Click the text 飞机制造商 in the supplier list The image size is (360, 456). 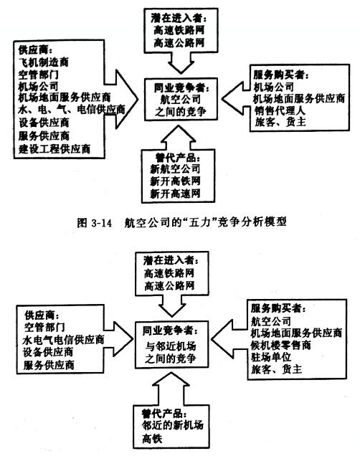[43, 62]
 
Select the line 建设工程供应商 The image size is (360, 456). [55, 149]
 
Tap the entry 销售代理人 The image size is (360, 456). [280, 110]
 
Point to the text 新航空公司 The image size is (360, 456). [175, 168]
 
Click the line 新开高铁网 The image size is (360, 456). [175, 181]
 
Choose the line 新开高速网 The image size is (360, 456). [175, 193]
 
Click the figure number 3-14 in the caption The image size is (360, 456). [102, 223]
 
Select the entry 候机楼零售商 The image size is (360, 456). [281, 345]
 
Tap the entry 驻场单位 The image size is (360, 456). [271, 357]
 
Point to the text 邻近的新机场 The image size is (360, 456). [172, 425]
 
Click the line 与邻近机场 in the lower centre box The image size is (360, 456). [171, 346]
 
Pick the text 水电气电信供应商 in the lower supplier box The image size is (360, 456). [63, 340]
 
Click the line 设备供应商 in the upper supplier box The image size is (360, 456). [44, 123]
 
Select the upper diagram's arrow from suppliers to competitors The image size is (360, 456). [120, 99]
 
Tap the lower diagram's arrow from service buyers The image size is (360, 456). [229, 339]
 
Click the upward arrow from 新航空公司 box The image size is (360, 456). [178, 138]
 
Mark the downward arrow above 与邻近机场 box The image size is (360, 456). [172, 306]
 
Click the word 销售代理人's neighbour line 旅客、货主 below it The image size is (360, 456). [280, 122]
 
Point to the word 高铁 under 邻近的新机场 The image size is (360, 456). [152, 438]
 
